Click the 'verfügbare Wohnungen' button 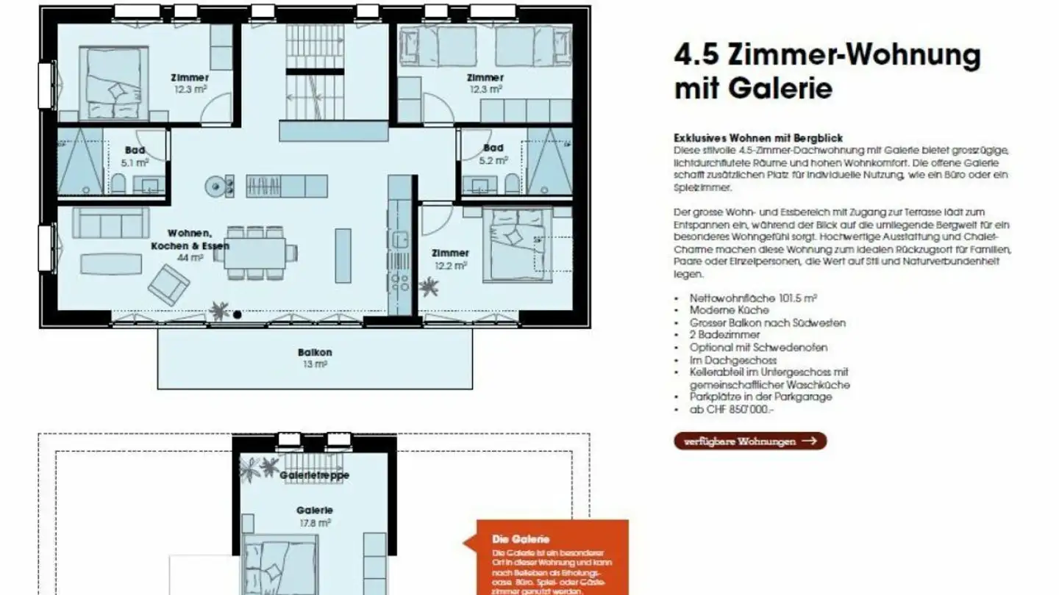coord(750,441)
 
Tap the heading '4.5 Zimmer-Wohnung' coord(827,55)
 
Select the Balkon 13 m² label coord(315,358)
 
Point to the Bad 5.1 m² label coord(135,156)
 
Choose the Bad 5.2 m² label coord(493,154)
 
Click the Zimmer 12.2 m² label coord(450,259)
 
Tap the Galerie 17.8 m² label coord(315,516)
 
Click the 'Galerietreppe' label coord(314,475)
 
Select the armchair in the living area coord(168,285)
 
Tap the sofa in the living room coord(110,223)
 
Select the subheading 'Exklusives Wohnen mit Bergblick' coord(757,137)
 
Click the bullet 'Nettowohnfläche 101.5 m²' coord(753,298)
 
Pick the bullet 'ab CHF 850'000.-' coord(731,408)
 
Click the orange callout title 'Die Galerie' coord(521,539)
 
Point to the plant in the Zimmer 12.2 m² coord(428,286)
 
